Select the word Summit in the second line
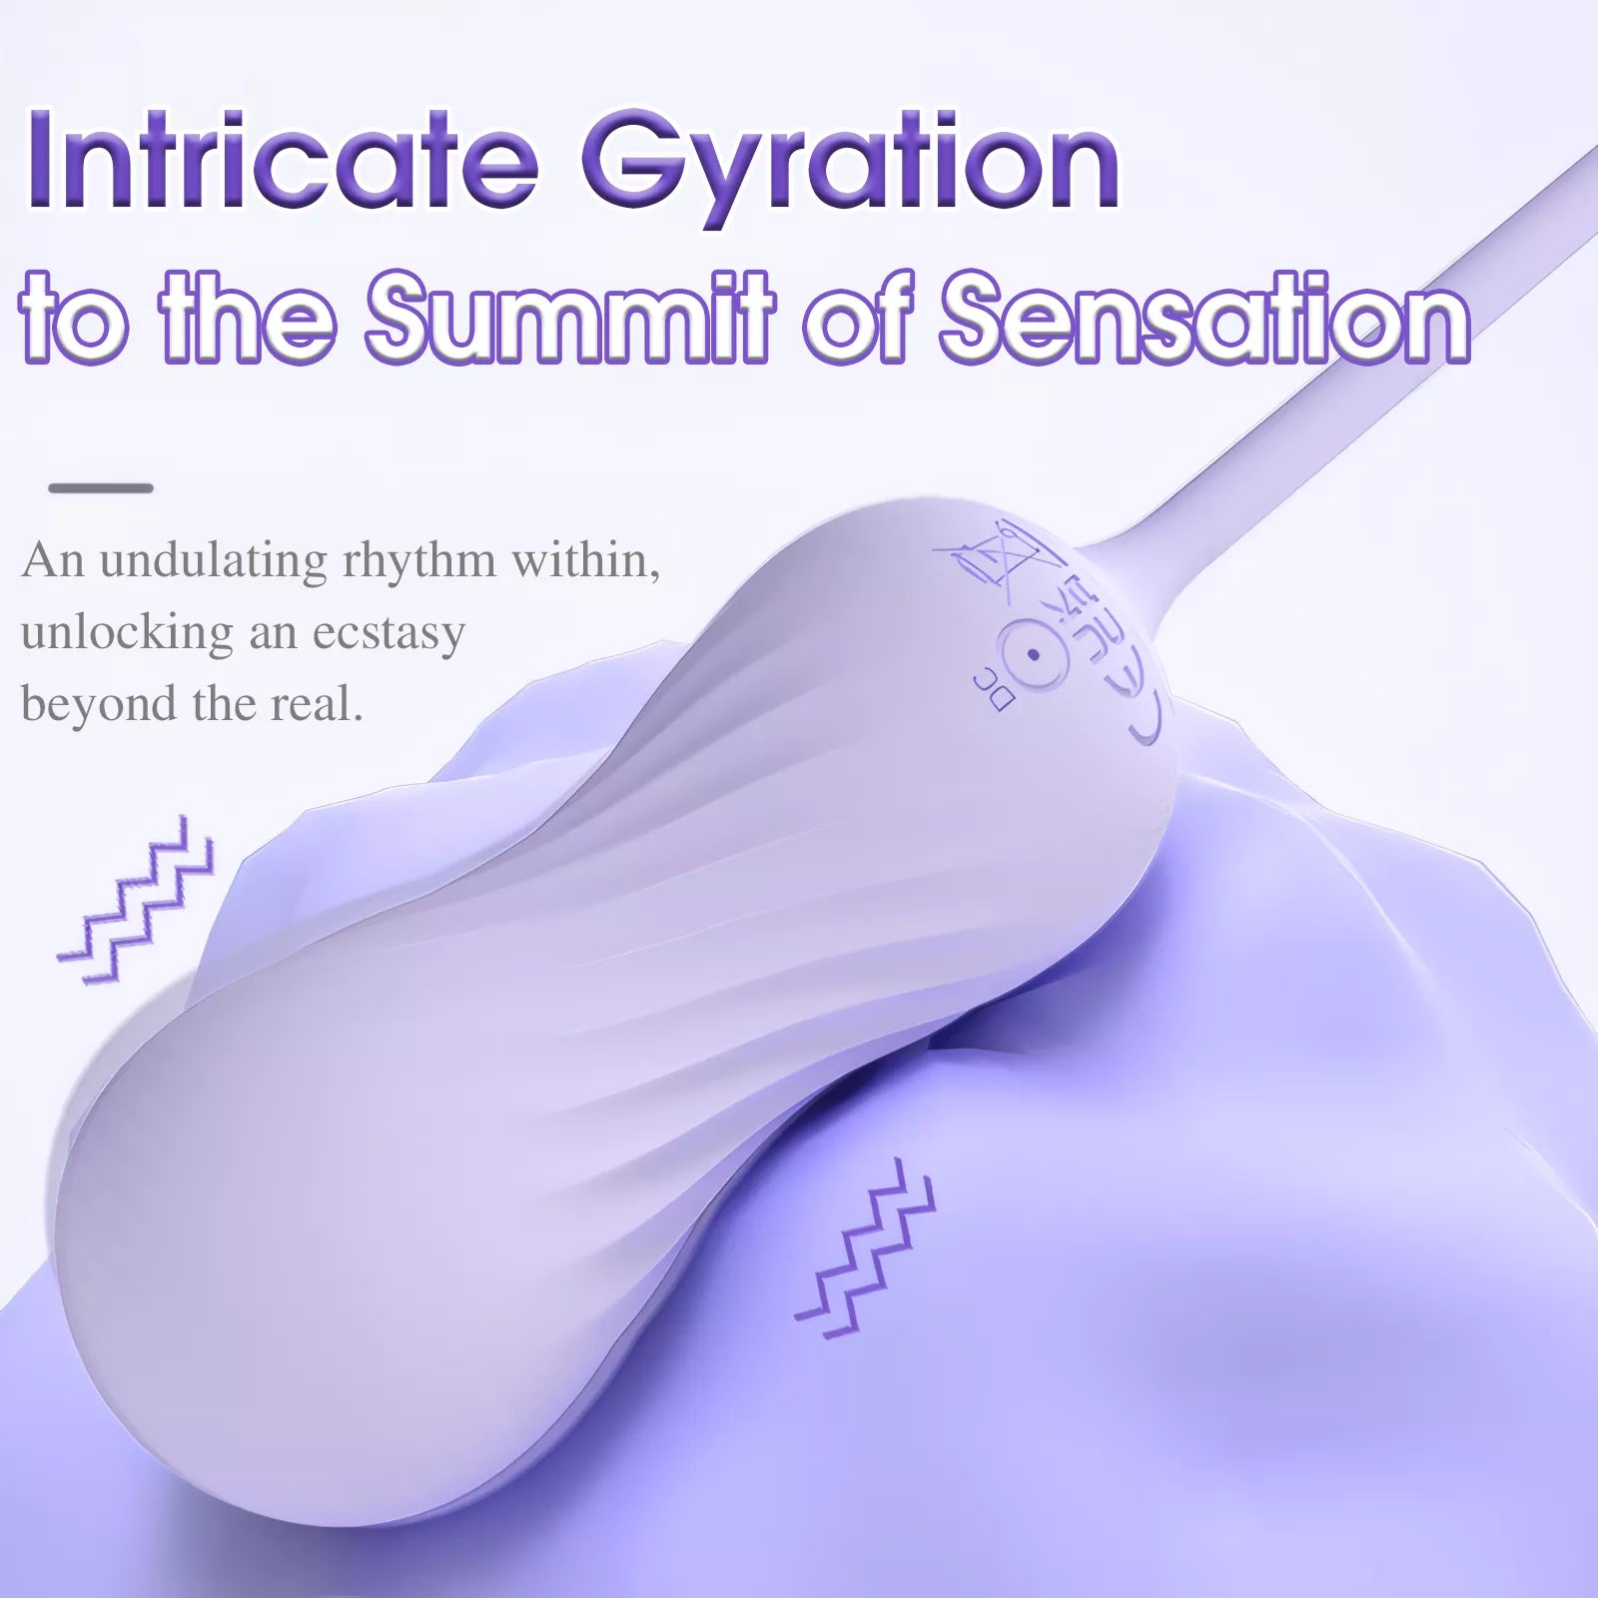click(x=570, y=317)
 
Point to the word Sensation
click(x=1204, y=317)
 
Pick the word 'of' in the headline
click(x=861, y=317)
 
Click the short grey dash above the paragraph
click(x=101, y=488)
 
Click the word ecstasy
click(x=389, y=632)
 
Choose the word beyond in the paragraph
click(x=98, y=704)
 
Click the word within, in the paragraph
click(x=585, y=560)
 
